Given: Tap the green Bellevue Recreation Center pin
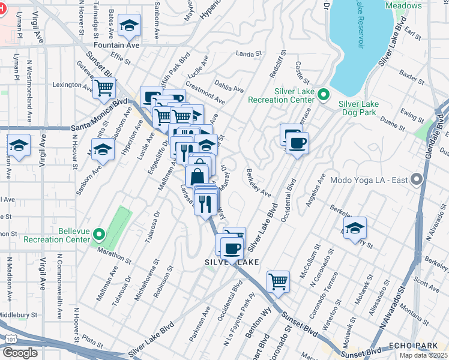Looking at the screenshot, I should tap(100, 234).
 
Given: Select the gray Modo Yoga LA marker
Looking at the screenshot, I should tap(416, 180).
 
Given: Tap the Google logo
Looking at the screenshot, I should tap(20, 352).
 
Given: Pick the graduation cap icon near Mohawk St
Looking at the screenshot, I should tap(355, 227).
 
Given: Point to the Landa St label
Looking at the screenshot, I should tap(250, 53).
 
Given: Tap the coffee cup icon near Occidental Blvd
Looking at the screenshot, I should tap(297, 143).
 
